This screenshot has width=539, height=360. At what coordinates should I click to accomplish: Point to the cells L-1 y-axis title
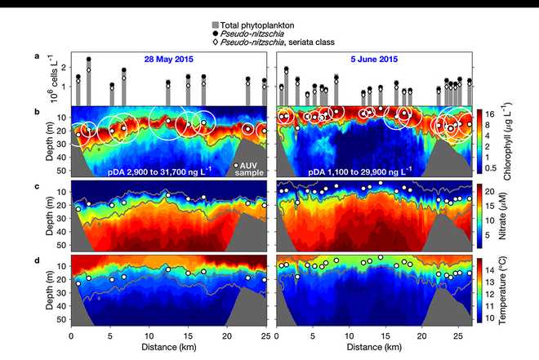47,78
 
